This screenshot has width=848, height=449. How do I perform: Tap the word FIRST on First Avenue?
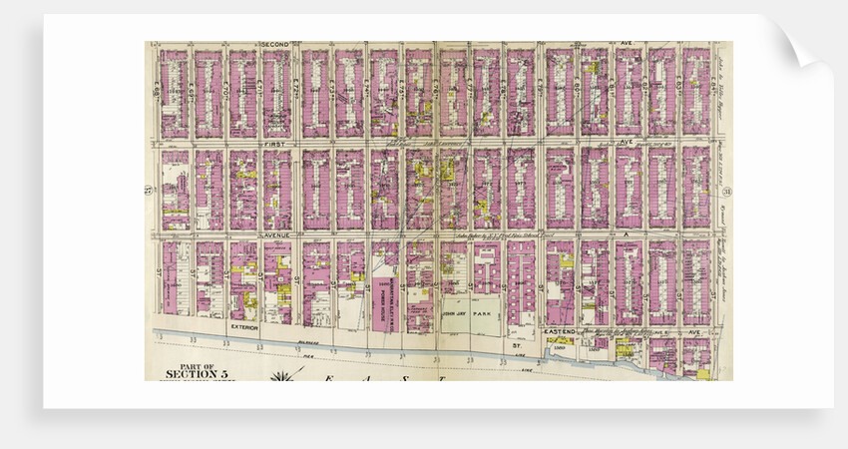click(274, 144)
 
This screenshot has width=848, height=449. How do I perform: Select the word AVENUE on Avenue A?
click(275, 235)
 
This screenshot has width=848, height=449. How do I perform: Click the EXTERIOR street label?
click(244, 327)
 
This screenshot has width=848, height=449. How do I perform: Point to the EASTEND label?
click(560, 330)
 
